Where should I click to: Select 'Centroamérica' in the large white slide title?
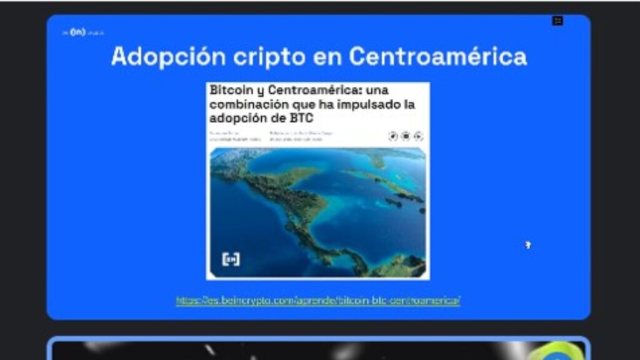[437, 57]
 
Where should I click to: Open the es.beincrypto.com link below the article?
[318, 301]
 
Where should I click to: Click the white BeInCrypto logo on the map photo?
[231, 259]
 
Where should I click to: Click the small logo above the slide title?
[77, 32]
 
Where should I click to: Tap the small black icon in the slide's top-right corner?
[557, 21]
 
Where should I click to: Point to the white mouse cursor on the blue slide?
[527, 244]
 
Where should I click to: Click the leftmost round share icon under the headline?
[392, 136]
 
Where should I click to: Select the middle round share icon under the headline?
[406, 136]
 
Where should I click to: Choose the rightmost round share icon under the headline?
[418, 136]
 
